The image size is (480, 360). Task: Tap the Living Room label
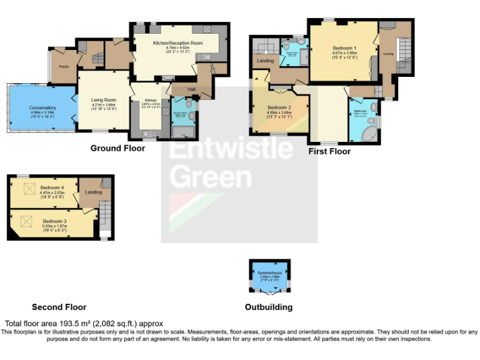(x=104, y=100)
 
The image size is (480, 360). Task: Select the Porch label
(x=64, y=66)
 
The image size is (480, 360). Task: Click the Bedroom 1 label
(x=344, y=48)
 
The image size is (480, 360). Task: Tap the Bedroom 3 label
(x=56, y=221)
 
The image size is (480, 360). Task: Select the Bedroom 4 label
(x=56, y=187)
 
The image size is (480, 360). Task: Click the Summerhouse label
(x=269, y=274)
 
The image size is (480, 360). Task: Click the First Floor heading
(x=329, y=151)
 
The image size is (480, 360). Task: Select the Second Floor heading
(x=59, y=307)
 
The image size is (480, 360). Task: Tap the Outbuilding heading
(x=269, y=307)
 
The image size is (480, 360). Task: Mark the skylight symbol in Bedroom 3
(x=27, y=221)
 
